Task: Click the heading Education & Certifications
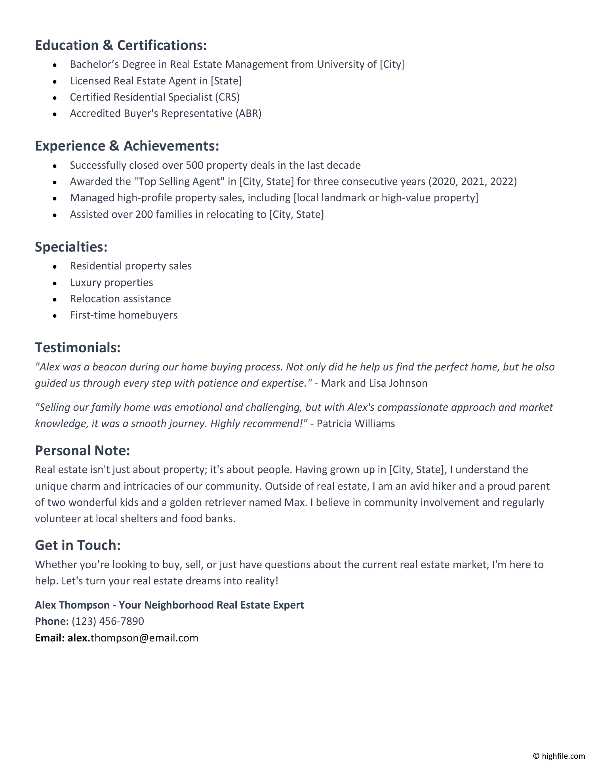pos(121,46)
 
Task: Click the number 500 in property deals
pos(194,165)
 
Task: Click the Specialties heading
pos(71,247)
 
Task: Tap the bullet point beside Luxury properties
pos(55,283)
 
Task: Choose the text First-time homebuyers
pos(124,315)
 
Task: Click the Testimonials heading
pos(78,347)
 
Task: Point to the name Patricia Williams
pos(356,424)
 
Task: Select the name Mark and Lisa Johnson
pos(374,383)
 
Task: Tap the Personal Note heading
pos(82,450)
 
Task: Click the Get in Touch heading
pos(78,545)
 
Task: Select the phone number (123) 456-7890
pos(108,621)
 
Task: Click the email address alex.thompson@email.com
pos(133,638)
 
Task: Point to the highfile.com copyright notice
pos(559,756)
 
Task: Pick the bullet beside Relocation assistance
pos(55,299)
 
